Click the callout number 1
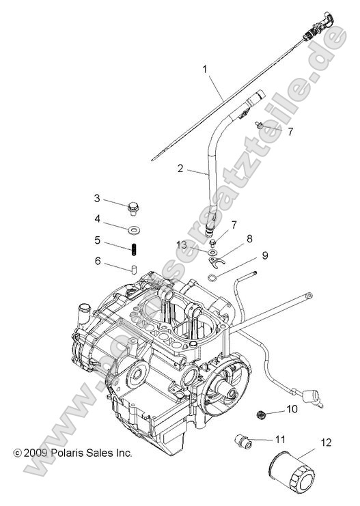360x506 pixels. click(x=204, y=68)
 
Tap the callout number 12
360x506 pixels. click(x=326, y=442)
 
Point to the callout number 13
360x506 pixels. click(x=181, y=244)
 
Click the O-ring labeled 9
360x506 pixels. click(x=214, y=276)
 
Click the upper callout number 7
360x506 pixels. click(x=290, y=131)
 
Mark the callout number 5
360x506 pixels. click(x=98, y=240)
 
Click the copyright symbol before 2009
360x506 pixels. click(x=17, y=452)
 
